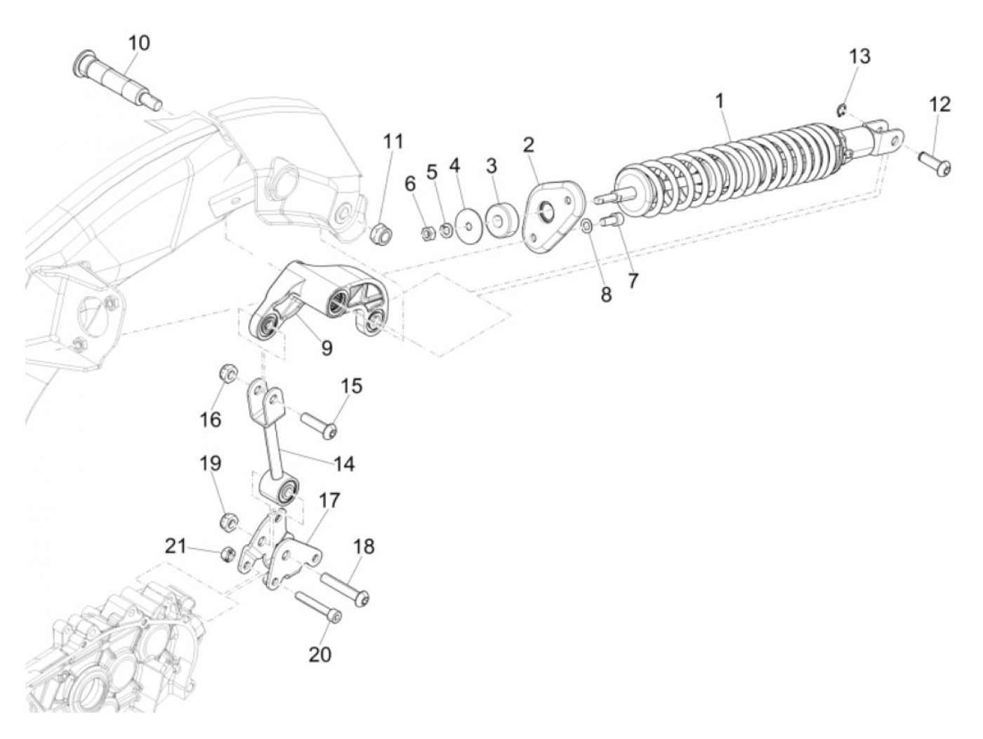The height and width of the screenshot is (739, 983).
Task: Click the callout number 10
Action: coord(138,43)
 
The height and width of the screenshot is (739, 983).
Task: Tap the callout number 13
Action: coord(859,56)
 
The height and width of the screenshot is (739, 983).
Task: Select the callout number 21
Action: coord(176,545)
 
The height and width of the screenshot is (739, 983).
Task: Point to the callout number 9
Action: coord(326,347)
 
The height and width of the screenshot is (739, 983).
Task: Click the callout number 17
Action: coord(329,501)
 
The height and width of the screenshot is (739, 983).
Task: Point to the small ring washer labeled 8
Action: coord(586,225)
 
